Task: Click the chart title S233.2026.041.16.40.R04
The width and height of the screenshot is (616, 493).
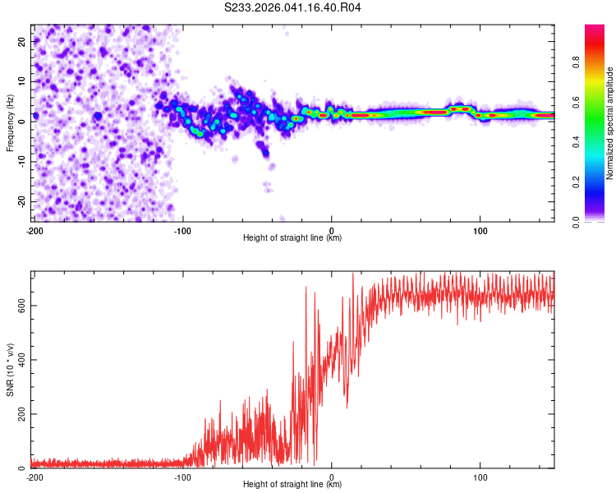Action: point(293,8)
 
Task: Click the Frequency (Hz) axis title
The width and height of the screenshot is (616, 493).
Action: point(10,122)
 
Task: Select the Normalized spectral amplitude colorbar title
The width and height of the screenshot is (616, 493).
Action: point(610,123)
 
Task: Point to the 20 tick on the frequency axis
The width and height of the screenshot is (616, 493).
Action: point(22,40)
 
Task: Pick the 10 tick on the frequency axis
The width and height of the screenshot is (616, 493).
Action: point(22,81)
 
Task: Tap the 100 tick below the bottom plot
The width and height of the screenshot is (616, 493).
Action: point(480,477)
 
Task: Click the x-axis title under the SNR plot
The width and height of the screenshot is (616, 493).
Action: point(292,485)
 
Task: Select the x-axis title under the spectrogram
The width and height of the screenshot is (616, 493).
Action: point(292,238)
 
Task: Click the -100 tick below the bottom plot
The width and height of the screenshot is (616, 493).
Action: point(182,477)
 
